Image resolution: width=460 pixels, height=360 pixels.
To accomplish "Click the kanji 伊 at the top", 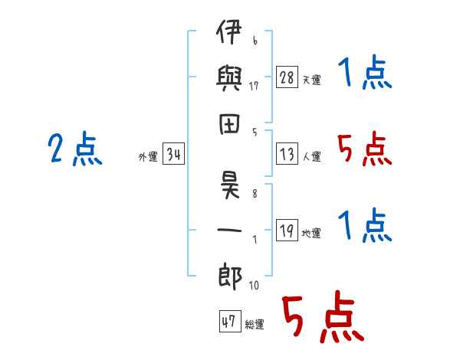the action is [x=228, y=31].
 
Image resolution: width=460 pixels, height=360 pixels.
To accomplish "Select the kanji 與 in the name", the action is [x=228, y=78].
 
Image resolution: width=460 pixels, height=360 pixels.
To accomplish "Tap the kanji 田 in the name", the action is [x=229, y=124].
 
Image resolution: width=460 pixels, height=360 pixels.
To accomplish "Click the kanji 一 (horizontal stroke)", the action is [x=229, y=230].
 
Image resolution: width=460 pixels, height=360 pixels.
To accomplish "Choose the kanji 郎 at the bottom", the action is [x=230, y=277].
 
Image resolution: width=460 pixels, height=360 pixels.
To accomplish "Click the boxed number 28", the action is [x=287, y=77].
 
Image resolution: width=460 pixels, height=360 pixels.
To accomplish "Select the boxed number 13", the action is [x=287, y=154].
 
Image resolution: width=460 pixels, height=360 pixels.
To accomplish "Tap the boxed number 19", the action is [x=287, y=230].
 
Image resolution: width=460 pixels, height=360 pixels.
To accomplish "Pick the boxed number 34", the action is [x=173, y=153].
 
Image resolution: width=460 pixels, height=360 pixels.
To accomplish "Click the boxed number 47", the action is [x=230, y=321].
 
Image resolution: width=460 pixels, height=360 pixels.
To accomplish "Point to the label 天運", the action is [x=312, y=80].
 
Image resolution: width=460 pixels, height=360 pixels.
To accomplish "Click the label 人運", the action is [x=312, y=156].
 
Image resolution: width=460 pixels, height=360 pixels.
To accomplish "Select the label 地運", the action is [x=311, y=233].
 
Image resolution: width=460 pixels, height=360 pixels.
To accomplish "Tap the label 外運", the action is [x=148, y=156].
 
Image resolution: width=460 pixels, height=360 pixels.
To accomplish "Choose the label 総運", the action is [x=255, y=325].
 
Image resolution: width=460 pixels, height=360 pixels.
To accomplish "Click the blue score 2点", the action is [x=75, y=149].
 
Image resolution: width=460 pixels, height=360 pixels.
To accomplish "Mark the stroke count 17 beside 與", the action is [x=254, y=86].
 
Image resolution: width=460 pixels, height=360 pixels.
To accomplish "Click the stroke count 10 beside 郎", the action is [x=254, y=285].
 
